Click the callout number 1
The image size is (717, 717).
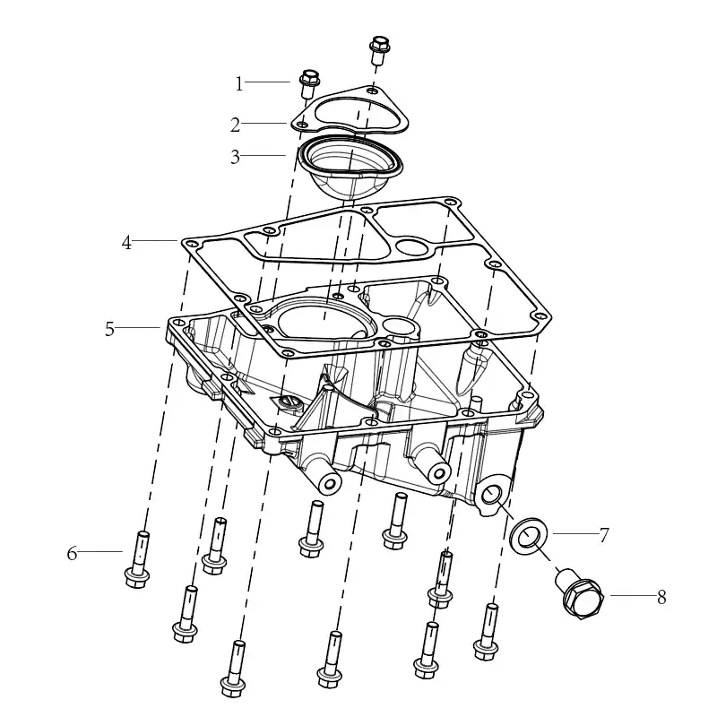click(239, 84)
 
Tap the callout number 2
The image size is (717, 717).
click(235, 125)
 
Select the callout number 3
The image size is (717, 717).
click(235, 157)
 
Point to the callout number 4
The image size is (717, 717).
click(126, 243)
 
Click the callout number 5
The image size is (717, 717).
click(109, 329)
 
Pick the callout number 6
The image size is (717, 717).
click(73, 553)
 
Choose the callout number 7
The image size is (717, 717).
click(604, 535)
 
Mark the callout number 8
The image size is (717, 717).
click(661, 597)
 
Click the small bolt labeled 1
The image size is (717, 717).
click(309, 83)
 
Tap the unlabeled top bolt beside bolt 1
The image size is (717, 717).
click(379, 49)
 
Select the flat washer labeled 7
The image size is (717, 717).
click(528, 535)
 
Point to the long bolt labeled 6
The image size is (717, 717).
click(138, 559)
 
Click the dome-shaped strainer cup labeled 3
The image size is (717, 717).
click(350, 167)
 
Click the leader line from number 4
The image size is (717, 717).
click(154, 240)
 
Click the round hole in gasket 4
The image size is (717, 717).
click(413, 246)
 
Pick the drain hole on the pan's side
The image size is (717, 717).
click(491, 496)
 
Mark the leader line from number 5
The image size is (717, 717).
click(138, 327)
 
